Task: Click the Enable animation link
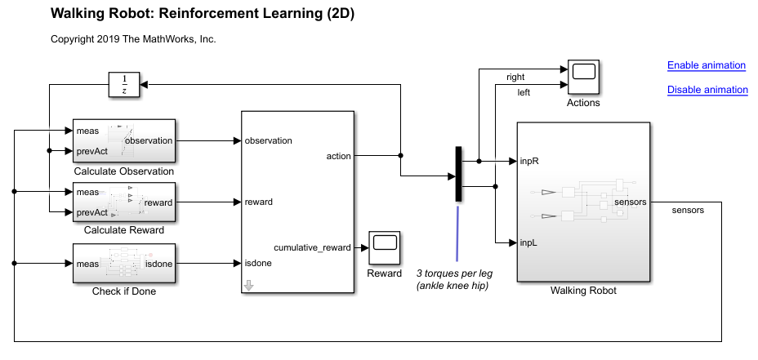[x=706, y=65]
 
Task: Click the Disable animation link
[x=707, y=90]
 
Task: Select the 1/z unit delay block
[x=124, y=84]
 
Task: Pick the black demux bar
[x=459, y=173]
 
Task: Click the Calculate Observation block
[x=124, y=140]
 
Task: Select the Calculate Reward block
[x=124, y=202]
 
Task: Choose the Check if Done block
[x=124, y=263]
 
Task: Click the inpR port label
[x=530, y=161]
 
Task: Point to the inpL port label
[x=529, y=242]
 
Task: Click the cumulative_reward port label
[x=312, y=247]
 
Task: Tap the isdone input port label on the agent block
[x=258, y=263]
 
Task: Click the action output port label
[x=338, y=156]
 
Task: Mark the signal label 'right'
[x=515, y=78]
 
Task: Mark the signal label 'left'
[x=524, y=92]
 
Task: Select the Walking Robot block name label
[x=583, y=291]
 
